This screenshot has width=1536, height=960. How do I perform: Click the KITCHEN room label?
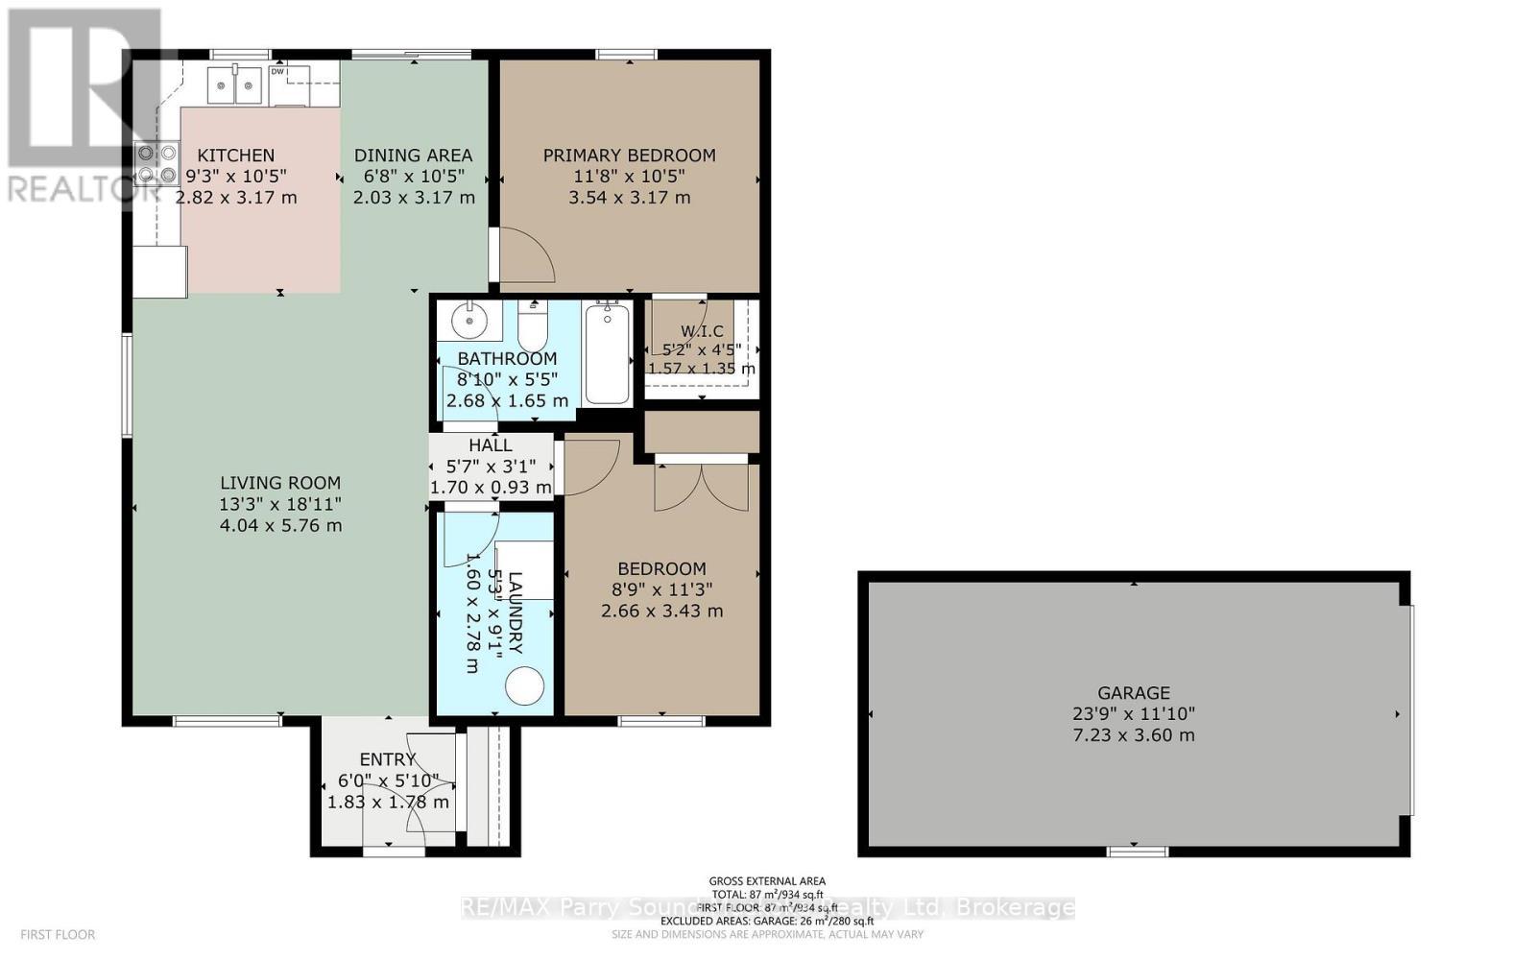pyautogui.click(x=236, y=156)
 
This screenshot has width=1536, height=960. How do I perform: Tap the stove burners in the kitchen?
pyautogui.click(x=156, y=163)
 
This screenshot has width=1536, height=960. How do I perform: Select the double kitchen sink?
pyautogui.click(x=236, y=87)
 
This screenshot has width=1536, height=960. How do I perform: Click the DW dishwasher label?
pyautogui.click(x=277, y=72)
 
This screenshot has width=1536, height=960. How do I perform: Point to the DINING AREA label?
pyautogui.click(x=413, y=156)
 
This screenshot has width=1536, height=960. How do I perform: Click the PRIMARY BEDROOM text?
pyautogui.click(x=629, y=156)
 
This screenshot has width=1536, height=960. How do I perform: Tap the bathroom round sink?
pyautogui.click(x=470, y=321)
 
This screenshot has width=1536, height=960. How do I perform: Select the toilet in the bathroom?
pyautogui.click(x=532, y=327)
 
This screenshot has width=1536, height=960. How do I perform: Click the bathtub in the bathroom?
pyautogui.click(x=607, y=353)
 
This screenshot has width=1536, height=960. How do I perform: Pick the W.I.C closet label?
pyautogui.click(x=702, y=331)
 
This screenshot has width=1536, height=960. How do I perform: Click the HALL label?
pyautogui.click(x=491, y=445)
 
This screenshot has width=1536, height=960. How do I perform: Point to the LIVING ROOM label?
pyautogui.click(x=279, y=484)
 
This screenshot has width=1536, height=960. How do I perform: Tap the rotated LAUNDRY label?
pyautogui.click(x=515, y=612)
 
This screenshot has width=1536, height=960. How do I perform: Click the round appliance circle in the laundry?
pyautogui.click(x=525, y=686)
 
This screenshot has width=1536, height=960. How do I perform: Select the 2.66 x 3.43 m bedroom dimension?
pyautogui.click(x=661, y=611)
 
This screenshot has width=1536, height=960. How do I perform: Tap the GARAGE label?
pyautogui.click(x=1134, y=693)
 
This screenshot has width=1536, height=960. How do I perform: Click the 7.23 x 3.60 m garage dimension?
pyautogui.click(x=1134, y=735)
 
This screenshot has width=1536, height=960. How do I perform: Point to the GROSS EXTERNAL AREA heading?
pyautogui.click(x=766, y=881)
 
